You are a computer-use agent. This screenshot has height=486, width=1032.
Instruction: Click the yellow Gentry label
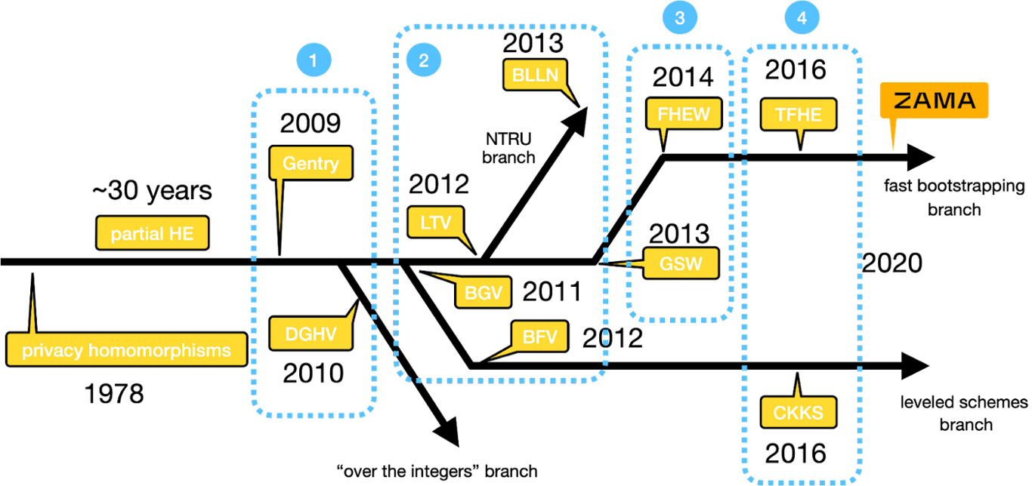click(x=311, y=163)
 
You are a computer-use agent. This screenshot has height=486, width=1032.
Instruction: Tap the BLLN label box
click(x=535, y=75)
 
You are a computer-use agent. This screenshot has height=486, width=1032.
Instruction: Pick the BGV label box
click(x=484, y=293)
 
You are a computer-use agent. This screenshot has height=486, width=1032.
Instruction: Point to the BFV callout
click(x=539, y=337)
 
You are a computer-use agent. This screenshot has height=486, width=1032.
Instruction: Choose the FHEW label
click(x=683, y=114)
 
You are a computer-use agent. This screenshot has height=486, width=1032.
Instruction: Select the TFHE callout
click(x=799, y=114)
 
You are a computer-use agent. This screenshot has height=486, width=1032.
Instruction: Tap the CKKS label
click(x=798, y=412)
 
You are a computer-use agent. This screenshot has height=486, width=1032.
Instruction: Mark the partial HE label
click(x=152, y=234)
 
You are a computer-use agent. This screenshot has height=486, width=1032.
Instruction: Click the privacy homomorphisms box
click(x=126, y=351)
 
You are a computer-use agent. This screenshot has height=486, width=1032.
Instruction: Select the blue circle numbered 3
click(x=679, y=18)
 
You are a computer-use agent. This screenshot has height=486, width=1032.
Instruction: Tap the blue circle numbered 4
click(x=802, y=19)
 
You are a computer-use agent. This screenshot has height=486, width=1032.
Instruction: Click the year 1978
click(x=113, y=393)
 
